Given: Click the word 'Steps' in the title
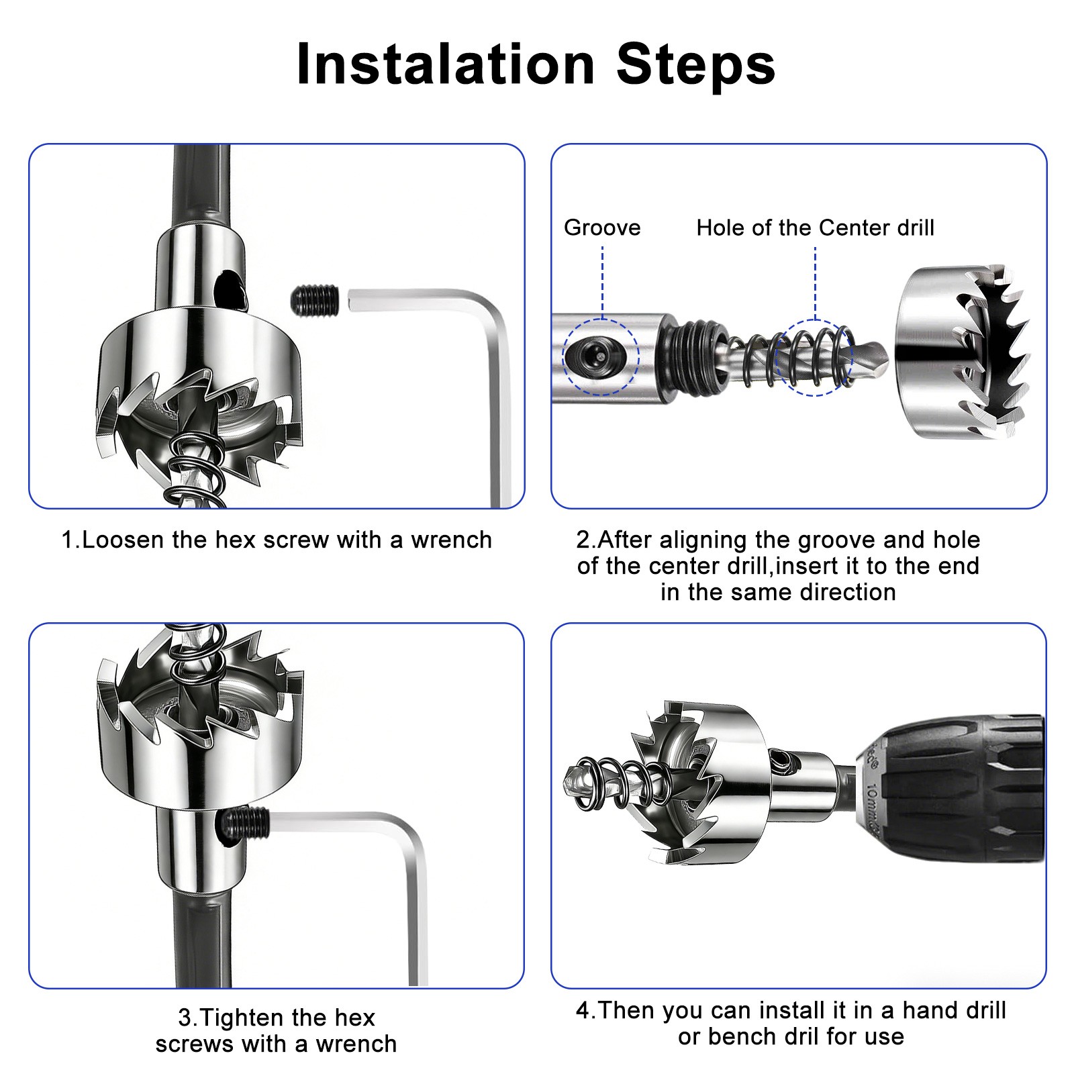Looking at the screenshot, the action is click(x=696, y=64).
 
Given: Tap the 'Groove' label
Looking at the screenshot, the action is click(x=602, y=228).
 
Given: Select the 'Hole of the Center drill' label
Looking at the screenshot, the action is click(x=815, y=228).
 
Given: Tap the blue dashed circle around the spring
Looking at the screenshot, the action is click(x=814, y=357).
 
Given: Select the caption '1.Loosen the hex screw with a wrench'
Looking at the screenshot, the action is click(x=277, y=540).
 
